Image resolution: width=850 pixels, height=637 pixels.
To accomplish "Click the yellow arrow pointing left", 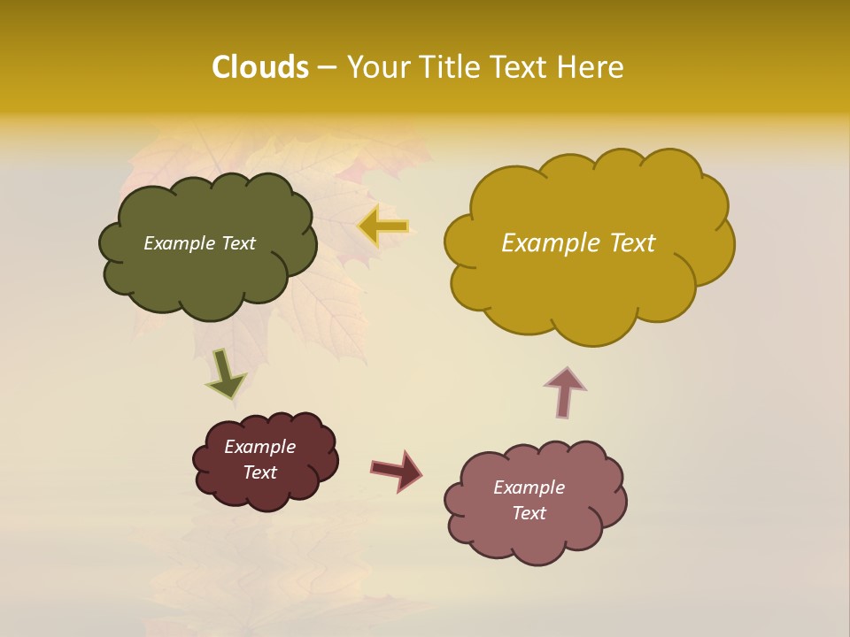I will pyautogui.click(x=384, y=226).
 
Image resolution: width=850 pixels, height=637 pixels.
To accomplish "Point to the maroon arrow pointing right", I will pyautogui.click(x=398, y=470).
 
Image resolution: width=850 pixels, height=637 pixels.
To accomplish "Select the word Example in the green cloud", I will pyautogui.click(x=180, y=243).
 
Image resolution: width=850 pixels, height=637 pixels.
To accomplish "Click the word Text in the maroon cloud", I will pyautogui.click(x=260, y=472).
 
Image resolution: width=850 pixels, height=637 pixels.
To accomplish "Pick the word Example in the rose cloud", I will pyautogui.click(x=529, y=487).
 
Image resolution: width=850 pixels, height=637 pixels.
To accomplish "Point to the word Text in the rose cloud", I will pyautogui.click(x=529, y=513).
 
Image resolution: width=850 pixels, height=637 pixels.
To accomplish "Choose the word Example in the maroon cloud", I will pyautogui.click(x=260, y=447).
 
